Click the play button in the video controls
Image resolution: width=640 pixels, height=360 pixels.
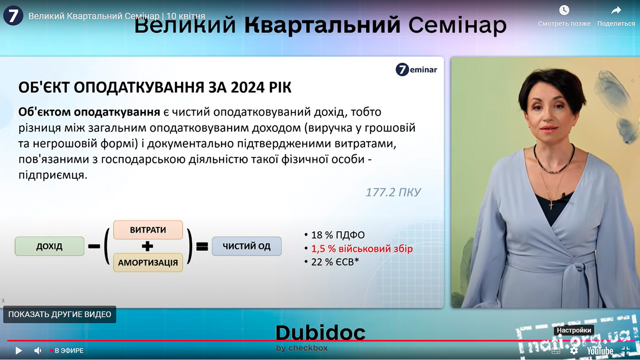(19, 350)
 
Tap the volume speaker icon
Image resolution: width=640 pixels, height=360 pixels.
(38, 350)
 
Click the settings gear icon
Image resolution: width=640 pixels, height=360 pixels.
(574, 351)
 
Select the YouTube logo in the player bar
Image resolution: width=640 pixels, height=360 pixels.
(600, 351)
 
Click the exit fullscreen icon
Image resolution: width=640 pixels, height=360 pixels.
(626, 351)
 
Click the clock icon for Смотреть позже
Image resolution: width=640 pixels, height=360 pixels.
(564, 10)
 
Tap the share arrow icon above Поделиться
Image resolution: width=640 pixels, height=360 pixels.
(616, 10)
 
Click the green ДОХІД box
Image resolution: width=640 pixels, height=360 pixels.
(50, 246)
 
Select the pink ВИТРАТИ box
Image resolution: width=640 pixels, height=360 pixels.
(148, 230)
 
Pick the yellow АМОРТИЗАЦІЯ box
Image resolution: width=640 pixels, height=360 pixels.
(148, 262)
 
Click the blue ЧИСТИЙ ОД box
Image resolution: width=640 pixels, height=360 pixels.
(247, 246)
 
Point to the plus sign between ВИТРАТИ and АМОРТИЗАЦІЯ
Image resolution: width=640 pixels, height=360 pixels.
(147, 246)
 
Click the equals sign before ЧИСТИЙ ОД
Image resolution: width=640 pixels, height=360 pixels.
(202, 246)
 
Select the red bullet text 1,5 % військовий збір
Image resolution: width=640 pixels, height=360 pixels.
(362, 249)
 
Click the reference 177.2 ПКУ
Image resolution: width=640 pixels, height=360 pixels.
(393, 192)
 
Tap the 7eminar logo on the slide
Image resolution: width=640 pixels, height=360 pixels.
(416, 70)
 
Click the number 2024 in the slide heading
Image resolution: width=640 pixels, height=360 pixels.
(248, 87)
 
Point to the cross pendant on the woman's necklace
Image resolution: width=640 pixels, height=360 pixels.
(551, 205)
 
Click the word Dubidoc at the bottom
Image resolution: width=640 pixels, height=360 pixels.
(320, 333)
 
